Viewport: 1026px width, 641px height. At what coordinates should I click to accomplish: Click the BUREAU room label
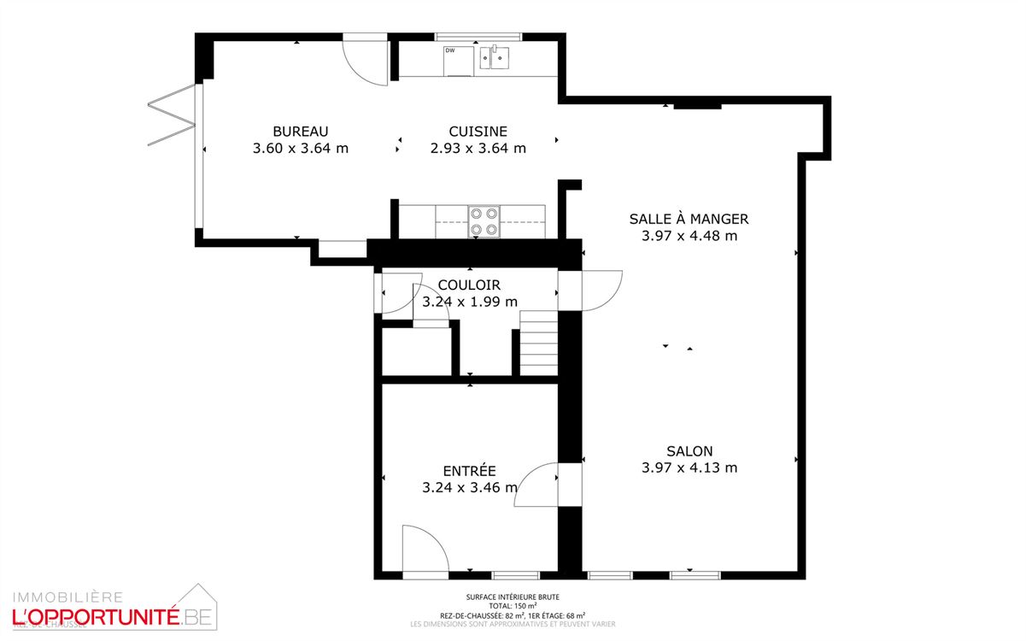click(301, 132)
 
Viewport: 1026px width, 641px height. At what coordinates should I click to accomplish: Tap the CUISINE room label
click(478, 132)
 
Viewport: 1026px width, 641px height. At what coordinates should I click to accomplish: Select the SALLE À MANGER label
click(689, 220)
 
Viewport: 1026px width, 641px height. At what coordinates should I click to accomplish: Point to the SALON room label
click(689, 451)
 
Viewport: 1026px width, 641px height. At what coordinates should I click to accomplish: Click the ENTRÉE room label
click(469, 471)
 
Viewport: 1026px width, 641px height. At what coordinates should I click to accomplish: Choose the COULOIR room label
click(469, 285)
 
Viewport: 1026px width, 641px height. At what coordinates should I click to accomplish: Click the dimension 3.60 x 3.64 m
click(301, 148)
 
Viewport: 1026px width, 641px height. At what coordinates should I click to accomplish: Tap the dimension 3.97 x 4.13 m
click(689, 468)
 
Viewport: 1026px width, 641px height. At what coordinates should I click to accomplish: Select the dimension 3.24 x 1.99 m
click(470, 302)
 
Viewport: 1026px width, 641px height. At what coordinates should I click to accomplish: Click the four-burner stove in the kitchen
click(484, 222)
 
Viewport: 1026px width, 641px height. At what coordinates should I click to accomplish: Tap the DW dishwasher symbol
click(458, 62)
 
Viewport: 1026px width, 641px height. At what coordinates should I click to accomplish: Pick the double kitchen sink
click(495, 58)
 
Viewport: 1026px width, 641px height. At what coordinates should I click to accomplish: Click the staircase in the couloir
click(538, 342)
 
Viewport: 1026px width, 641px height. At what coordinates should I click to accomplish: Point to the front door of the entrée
click(425, 551)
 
